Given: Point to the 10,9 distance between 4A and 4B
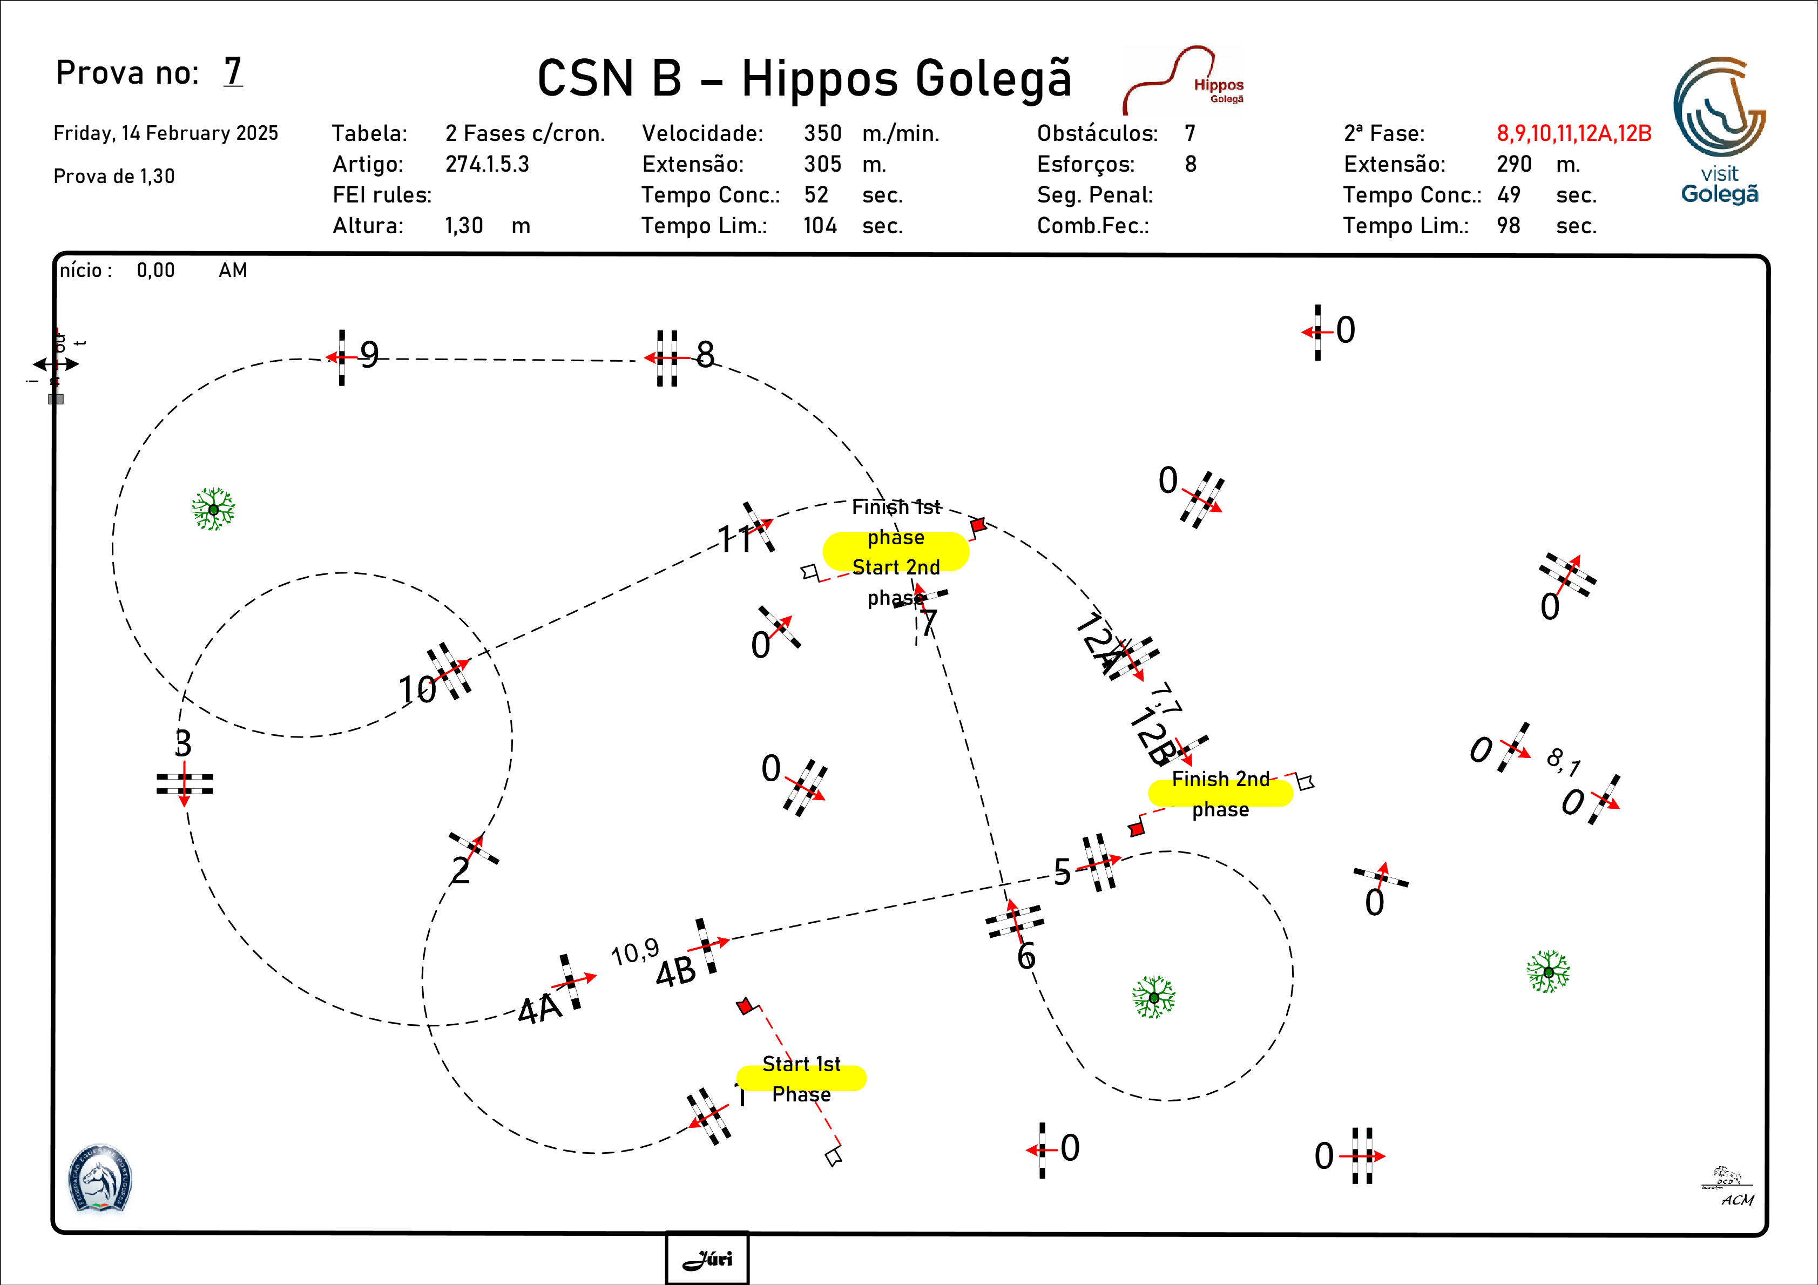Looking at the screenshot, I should pos(635,952).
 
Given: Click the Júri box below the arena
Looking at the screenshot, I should pos(707,1257).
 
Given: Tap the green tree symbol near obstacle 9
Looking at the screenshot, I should pos(213,509).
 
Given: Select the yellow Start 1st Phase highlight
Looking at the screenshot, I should pos(801,1078).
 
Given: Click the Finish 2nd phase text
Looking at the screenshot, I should pos(1220,794).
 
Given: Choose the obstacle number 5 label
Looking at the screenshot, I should pos(1062,872).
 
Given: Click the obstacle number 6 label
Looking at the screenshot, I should pos(1026,956).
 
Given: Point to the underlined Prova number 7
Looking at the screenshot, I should pos(233,71).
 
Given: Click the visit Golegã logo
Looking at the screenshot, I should pos(1719,131).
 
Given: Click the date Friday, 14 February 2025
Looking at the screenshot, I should pos(165,133).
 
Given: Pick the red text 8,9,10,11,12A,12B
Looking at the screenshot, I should pos(1573,133).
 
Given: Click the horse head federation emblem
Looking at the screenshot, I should pos(100,1179).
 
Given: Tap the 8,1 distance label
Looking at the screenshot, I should pos(1563,762).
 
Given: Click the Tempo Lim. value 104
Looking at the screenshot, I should pos(820,226).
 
